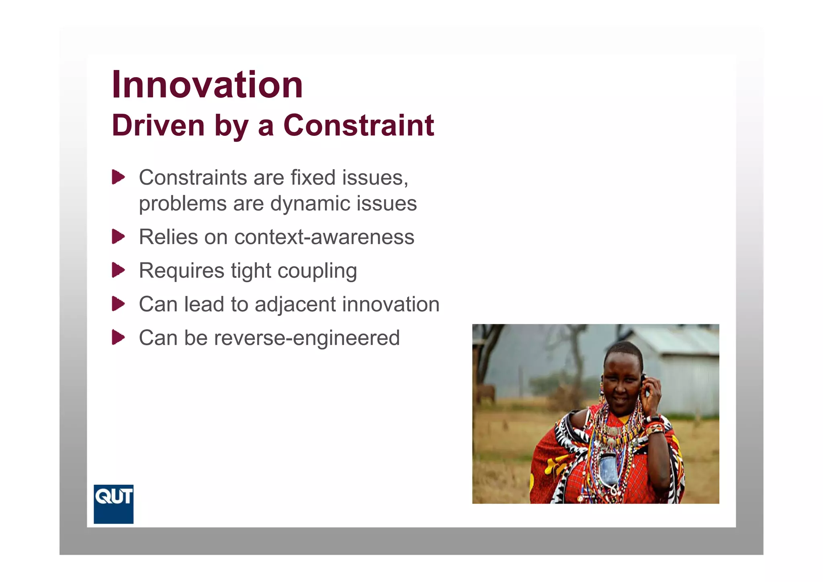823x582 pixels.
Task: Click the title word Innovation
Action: click(207, 85)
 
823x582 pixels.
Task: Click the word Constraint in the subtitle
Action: click(358, 125)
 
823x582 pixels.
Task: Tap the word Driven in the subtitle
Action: click(158, 125)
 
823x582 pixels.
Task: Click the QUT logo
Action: click(113, 504)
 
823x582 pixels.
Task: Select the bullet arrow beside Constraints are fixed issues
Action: click(118, 177)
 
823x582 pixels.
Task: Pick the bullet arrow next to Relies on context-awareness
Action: click(118, 236)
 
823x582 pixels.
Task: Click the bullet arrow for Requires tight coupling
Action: click(118, 270)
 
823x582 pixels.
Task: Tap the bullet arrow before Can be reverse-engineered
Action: click(118, 337)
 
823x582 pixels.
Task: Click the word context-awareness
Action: click(324, 237)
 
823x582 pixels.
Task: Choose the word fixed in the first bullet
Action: click(313, 177)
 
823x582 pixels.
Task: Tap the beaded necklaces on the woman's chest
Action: click(613, 438)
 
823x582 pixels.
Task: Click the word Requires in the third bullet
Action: click(181, 271)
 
